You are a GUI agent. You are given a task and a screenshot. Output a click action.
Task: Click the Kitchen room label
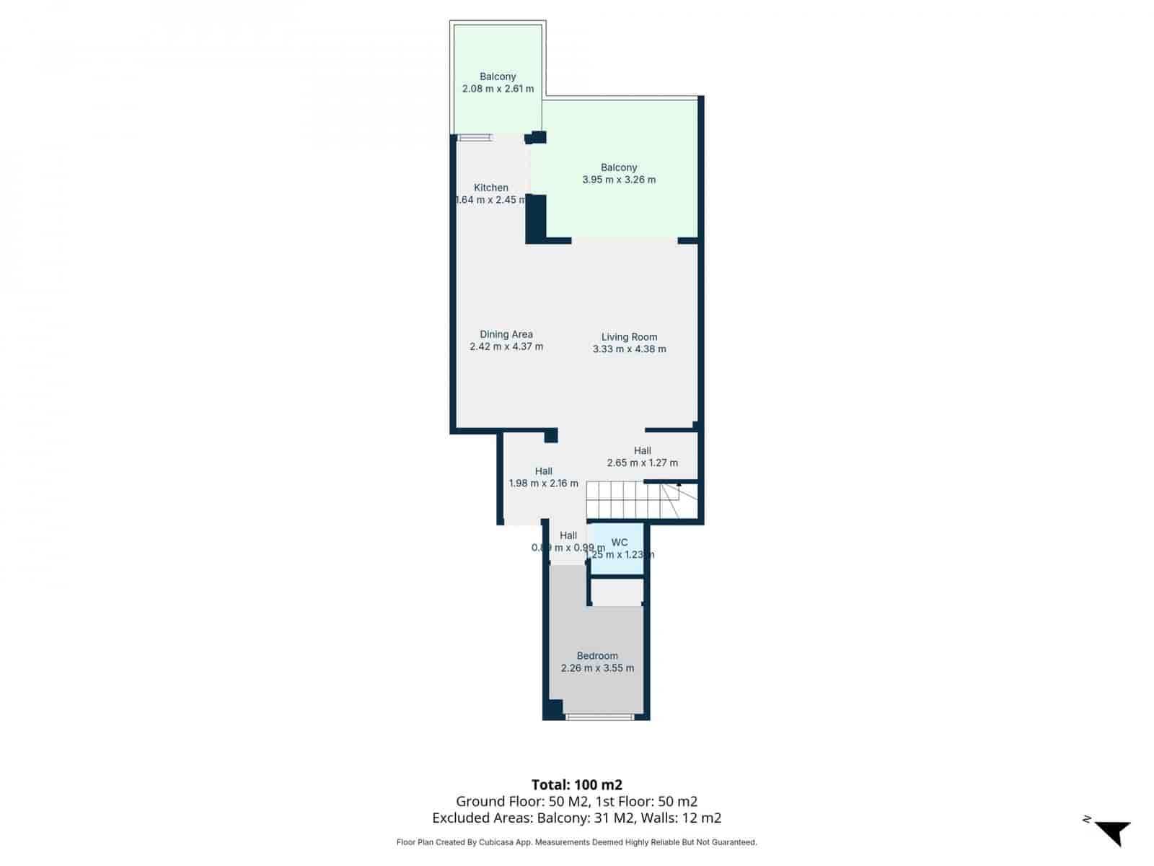[491, 188]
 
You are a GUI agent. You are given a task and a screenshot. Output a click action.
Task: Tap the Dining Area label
[506, 334]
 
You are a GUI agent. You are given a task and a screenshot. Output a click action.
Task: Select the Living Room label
[629, 337]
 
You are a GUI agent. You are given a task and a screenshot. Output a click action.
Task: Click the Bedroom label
[597, 656]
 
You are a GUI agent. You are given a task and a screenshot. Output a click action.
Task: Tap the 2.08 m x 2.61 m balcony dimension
[498, 89]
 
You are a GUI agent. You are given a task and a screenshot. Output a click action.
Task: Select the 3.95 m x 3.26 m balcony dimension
[619, 180]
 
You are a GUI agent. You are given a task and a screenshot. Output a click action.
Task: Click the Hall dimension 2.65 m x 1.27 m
[642, 463]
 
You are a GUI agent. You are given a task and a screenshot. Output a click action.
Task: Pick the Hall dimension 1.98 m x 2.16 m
[543, 484]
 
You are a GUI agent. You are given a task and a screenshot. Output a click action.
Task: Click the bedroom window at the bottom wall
[599, 717]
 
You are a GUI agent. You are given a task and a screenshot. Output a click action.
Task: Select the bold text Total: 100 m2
[576, 784]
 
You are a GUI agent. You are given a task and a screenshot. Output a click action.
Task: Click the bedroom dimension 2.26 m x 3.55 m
[597, 668]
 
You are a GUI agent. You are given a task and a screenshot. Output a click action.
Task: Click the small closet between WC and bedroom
[617, 592]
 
